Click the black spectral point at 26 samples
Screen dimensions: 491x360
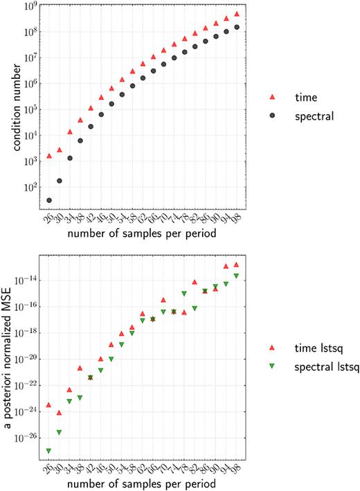[49, 200]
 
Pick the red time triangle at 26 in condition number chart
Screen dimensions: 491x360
[49, 156]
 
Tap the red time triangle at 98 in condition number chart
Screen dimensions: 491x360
[237, 14]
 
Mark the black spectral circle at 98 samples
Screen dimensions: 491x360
[237, 27]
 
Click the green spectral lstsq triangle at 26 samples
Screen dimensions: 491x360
[49, 451]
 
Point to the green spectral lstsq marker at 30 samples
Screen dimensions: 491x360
[60, 433]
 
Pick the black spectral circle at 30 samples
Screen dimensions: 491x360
[60, 181]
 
